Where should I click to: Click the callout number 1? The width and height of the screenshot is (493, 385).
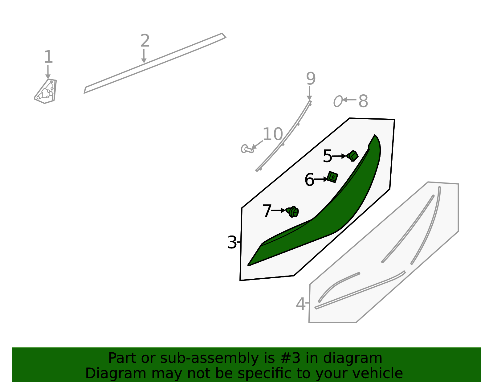pos(48,57)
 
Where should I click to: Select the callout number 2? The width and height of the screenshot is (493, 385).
pos(145,41)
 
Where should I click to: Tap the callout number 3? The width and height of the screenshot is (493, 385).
pos(232,243)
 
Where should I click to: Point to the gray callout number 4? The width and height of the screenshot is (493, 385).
pos(300,304)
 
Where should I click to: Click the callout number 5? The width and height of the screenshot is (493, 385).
pos(327,156)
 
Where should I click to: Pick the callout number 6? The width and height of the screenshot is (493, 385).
pos(309,180)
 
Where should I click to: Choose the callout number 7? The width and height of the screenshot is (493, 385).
pos(267,211)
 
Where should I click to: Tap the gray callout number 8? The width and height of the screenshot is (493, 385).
pos(363,101)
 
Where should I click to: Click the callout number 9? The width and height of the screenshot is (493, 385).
pos(311,79)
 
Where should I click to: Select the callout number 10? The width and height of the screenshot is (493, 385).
pos(272,134)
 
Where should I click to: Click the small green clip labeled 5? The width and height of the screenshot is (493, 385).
pos(352,156)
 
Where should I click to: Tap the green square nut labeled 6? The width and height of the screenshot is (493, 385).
pos(332,177)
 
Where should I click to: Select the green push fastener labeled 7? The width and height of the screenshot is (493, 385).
pos(292,212)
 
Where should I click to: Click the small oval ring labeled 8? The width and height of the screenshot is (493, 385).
pos(338,101)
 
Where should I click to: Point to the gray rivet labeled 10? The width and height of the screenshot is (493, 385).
pos(247,149)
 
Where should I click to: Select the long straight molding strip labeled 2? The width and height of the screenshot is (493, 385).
pos(155,63)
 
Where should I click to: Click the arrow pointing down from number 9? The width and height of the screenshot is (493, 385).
pos(309,93)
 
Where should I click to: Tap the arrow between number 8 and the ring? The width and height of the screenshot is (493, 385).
pos(349,100)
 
